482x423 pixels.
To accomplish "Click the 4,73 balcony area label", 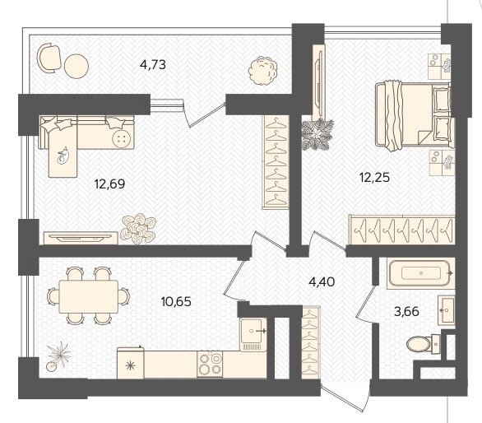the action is coord(153,65).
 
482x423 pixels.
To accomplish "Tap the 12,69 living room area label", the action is coord(109,184).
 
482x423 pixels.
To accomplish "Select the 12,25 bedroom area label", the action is coord(375,177).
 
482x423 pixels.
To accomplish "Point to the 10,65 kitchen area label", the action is coord(176,301).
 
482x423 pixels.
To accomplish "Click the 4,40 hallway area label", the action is coord(322,281).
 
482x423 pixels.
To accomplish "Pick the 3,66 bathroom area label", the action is coord(406,312).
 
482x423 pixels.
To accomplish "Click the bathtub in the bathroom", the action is coord(421,273).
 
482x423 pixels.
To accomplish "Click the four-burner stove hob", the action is coord(210,364).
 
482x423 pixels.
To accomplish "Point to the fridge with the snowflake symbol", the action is coord(131,363).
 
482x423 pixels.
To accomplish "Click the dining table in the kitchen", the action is coord(89,296).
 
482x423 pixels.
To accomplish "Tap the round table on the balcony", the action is coord(76,66).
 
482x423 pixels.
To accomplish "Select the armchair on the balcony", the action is coord(49,58).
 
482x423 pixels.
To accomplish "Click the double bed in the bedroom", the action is coord(414,114).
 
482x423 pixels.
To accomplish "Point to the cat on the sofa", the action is coord(63,156).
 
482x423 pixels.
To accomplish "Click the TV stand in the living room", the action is coord(81,238).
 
